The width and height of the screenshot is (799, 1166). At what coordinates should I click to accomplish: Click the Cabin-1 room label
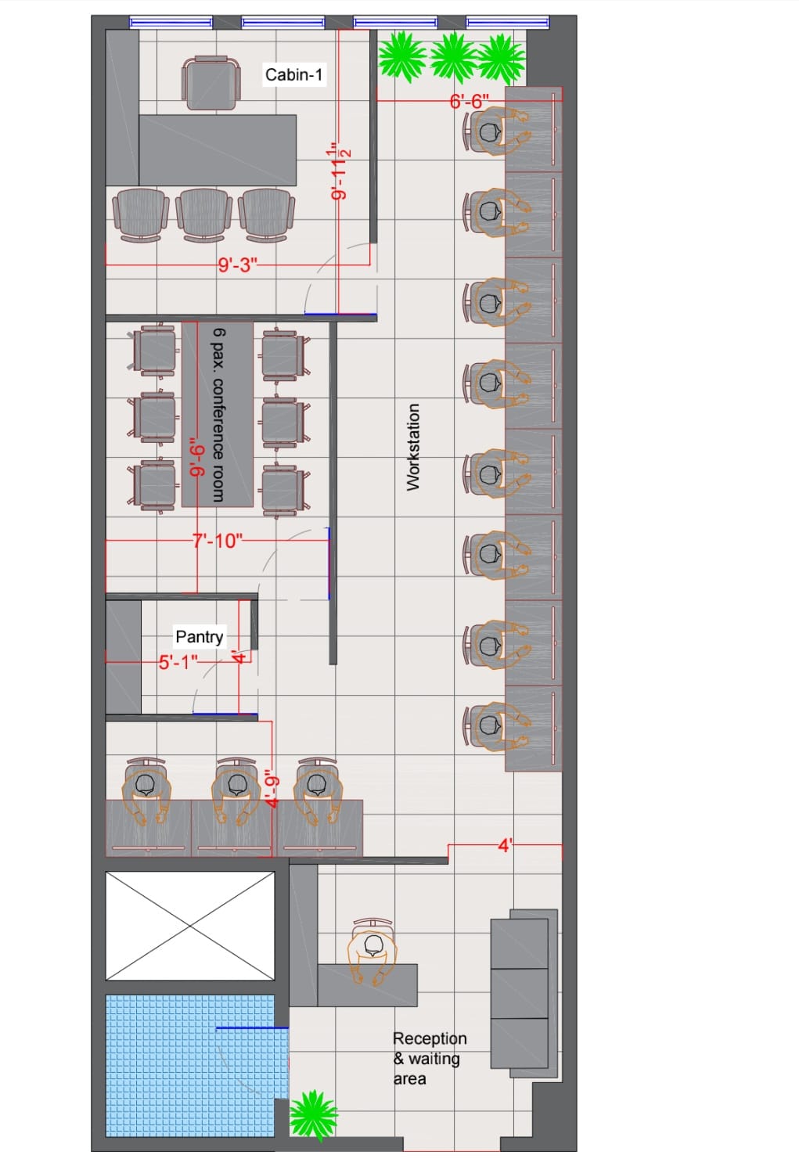[294, 74]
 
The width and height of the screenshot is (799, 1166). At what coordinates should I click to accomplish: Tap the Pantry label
[200, 637]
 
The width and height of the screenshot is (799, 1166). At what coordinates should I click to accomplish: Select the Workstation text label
[412, 447]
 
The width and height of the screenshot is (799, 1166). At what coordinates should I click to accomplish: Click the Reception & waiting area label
[430, 1058]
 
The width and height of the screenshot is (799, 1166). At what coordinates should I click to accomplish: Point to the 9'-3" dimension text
[237, 265]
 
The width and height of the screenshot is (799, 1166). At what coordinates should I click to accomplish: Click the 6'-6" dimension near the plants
[470, 101]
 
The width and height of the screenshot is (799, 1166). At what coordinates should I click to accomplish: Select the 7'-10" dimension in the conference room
[218, 541]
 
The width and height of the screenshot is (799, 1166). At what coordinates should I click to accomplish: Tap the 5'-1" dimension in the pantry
[178, 662]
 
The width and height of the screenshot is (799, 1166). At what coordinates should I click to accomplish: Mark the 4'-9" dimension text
[272, 788]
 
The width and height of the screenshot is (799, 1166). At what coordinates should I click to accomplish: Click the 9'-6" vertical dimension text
[196, 456]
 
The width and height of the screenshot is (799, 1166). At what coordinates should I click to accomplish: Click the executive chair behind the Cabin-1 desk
[211, 83]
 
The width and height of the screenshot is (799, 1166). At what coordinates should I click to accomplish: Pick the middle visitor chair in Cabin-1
[203, 215]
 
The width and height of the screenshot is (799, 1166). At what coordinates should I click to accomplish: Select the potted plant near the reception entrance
[313, 1115]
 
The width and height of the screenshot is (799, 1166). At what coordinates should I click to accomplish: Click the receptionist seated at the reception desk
[373, 952]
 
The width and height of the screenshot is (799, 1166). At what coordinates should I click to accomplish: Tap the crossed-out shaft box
[190, 926]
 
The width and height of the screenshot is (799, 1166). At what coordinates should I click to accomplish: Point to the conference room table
[218, 414]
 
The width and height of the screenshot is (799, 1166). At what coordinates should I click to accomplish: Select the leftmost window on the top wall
[171, 22]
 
